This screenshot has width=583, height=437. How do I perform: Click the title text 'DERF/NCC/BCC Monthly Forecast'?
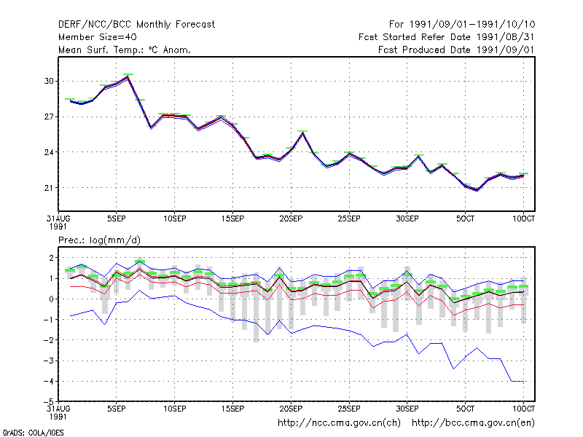pos(136,25)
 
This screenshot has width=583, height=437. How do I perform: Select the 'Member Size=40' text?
pos(98,37)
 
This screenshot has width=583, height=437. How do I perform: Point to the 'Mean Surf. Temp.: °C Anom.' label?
pos(124,50)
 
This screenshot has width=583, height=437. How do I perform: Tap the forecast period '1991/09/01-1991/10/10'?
pos(472,25)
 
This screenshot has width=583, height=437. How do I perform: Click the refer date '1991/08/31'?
pos(506,37)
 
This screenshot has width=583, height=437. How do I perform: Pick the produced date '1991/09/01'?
pos(506,50)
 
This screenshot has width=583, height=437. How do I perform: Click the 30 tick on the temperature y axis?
pos(49,81)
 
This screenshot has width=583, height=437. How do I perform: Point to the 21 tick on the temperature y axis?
pos(49,188)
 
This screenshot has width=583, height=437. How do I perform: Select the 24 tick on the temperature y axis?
pos(49,152)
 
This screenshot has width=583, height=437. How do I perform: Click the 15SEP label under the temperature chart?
pos(232,219)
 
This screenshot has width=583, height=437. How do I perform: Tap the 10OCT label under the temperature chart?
pos(523,219)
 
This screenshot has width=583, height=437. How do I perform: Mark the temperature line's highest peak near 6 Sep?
pos(128,76)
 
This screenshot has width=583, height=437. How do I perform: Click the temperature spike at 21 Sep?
pos(302,133)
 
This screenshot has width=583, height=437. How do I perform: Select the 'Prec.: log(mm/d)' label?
pos(99,240)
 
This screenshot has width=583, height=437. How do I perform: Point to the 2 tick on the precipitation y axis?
pos(51,258)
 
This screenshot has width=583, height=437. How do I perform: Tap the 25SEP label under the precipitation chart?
pos(349,409)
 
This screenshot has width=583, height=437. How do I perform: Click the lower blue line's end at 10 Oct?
pos(523,381)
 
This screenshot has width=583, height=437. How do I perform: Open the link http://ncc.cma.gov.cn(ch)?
pos(339,423)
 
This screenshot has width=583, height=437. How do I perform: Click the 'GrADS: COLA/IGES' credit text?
pos(33,433)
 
